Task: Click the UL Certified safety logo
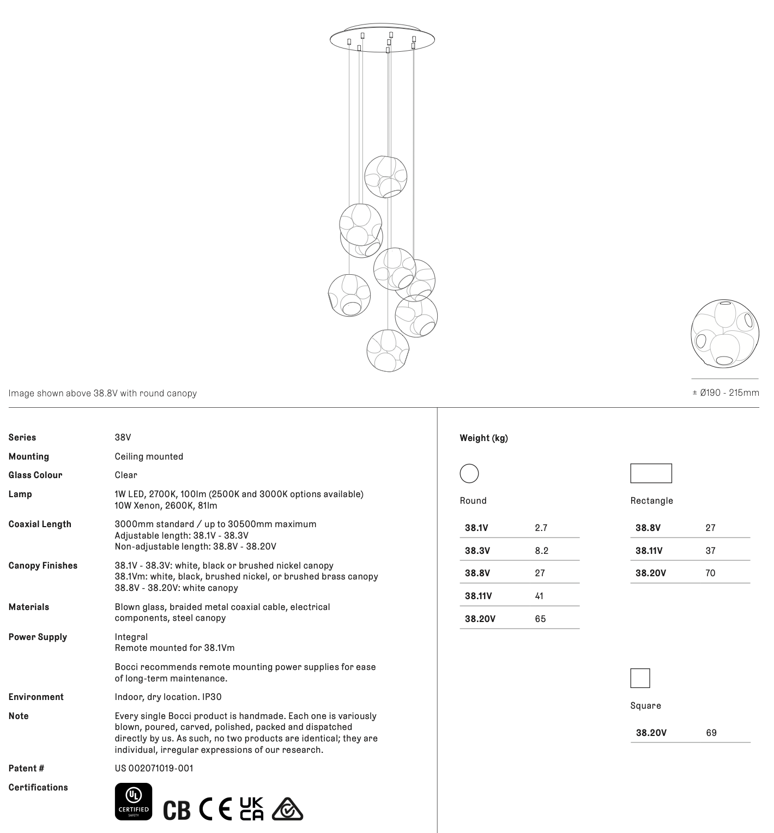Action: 134,801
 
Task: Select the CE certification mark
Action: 215,809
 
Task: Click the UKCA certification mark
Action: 251,808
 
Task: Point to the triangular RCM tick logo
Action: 287,809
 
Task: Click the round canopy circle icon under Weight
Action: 469,473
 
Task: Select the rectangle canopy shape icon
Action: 651,473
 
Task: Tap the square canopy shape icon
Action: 640,678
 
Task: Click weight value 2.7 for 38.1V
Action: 541,528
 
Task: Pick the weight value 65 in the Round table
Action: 540,619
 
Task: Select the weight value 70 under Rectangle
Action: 710,573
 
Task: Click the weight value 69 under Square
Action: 711,733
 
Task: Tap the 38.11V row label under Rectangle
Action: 649,551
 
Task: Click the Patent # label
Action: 26,768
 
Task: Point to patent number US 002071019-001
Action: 154,768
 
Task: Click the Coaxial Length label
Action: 40,524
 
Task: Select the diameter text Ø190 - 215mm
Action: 725,393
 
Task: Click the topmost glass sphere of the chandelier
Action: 385,177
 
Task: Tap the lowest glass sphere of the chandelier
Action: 388,351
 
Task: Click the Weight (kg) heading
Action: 483,438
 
